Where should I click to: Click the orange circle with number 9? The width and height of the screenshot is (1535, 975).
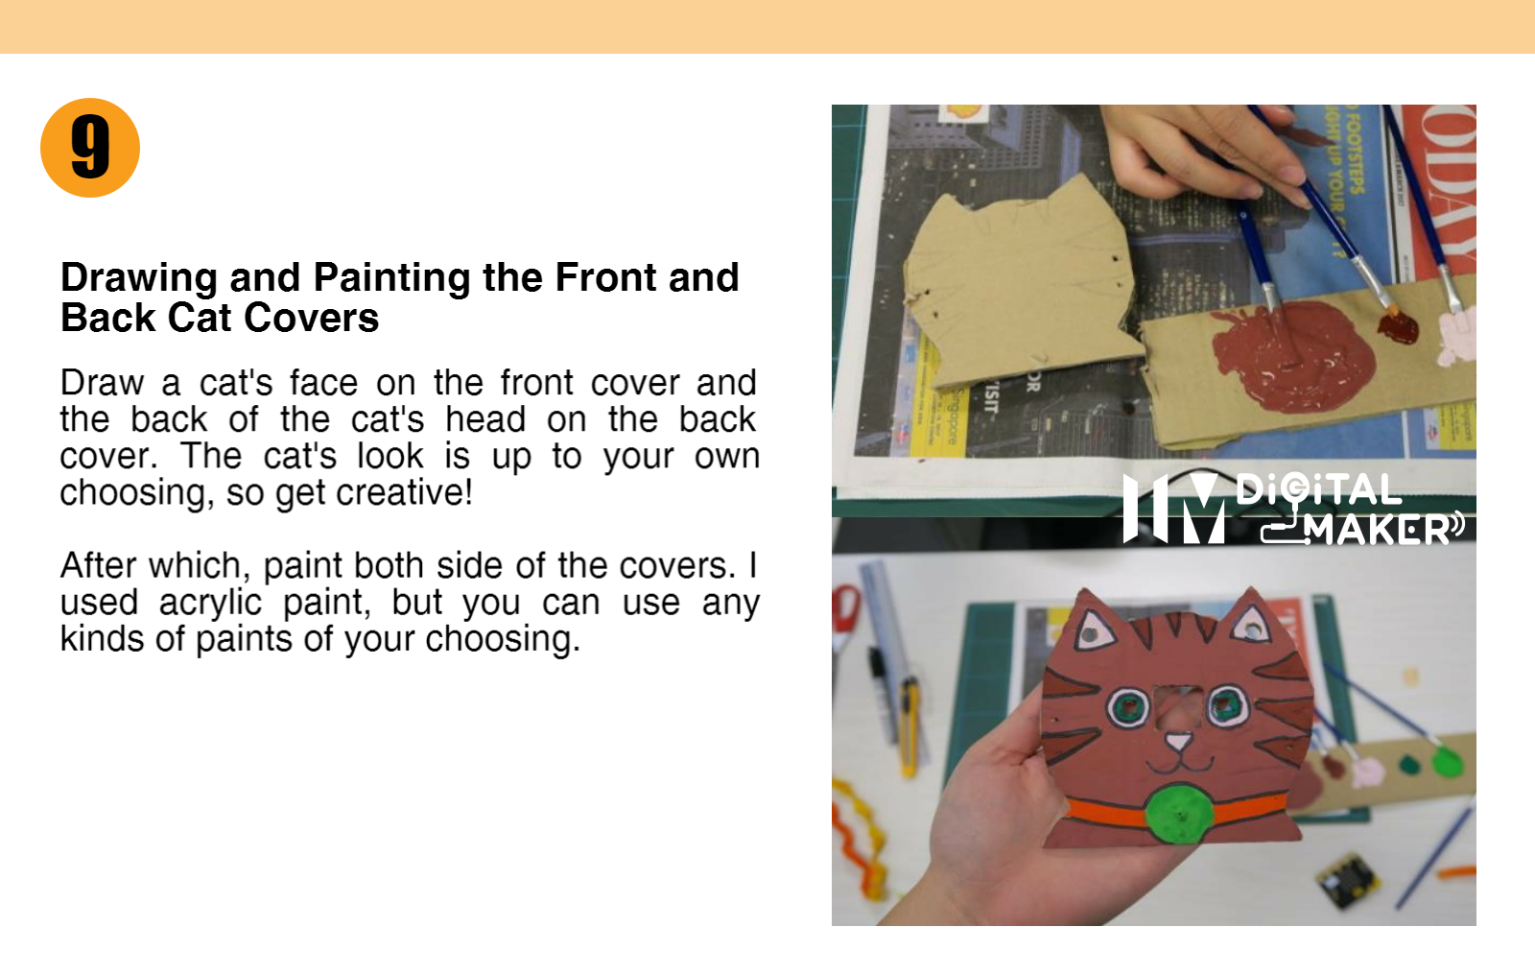tap(90, 148)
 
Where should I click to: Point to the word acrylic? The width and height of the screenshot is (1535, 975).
tap(210, 603)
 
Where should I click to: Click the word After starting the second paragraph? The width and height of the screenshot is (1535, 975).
tap(98, 565)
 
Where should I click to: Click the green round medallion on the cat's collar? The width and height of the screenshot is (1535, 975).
tap(1179, 814)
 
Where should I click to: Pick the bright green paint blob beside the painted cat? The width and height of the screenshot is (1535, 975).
tap(1447, 763)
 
